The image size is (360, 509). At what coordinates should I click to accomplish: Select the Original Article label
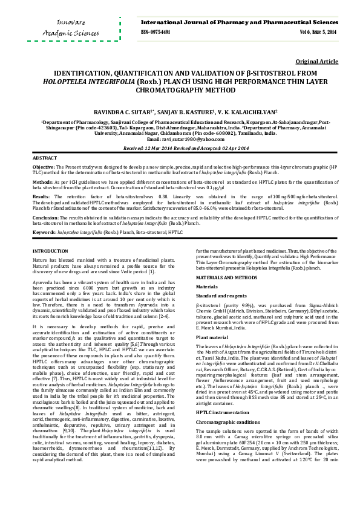click(x=316, y=62)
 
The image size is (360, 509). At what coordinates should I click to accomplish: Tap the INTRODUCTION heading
click(x=50, y=250)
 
